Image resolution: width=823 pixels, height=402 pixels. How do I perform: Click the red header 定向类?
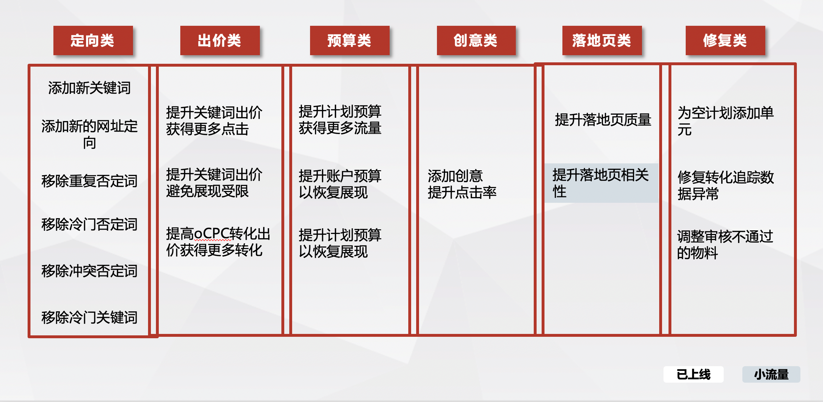coord(93,40)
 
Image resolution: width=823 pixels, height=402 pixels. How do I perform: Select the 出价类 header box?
coord(220,40)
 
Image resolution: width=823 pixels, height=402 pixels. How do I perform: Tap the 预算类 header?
coord(349,40)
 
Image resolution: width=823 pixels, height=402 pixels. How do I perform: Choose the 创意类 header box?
coord(476,40)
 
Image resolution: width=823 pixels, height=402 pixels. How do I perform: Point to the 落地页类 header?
coord(602,40)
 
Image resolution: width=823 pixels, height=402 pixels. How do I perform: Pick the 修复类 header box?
coord(725,40)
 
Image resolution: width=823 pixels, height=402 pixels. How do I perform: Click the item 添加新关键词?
coord(89,88)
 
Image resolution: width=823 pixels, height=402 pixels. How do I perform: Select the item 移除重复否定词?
coord(89,181)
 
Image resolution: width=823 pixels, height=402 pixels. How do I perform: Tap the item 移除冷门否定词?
coord(89,224)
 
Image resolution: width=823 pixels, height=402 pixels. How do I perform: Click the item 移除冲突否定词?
coord(89,271)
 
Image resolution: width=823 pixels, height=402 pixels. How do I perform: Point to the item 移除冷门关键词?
coord(89,317)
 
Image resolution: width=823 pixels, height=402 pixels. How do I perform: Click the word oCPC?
coord(212,234)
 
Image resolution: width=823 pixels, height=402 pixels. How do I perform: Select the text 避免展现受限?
coord(207,191)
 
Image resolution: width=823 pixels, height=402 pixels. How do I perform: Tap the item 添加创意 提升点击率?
coord(462,184)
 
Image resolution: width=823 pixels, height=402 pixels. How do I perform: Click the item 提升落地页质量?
coord(603,120)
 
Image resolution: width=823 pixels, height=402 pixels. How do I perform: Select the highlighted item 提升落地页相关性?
coord(601,183)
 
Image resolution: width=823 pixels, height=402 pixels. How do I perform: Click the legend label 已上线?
coord(693,374)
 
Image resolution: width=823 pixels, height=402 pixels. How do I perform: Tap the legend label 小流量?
coord(771,374)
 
